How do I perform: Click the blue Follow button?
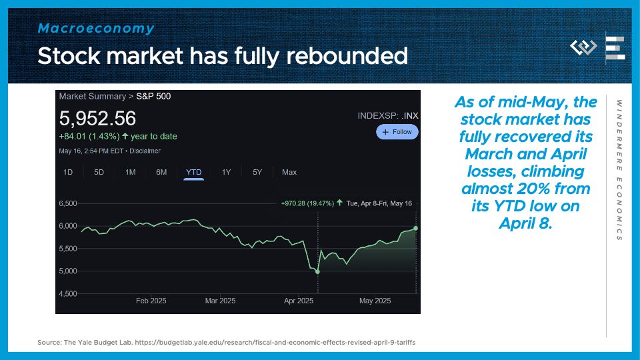397,132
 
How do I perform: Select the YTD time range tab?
194,172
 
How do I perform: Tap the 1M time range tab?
131,172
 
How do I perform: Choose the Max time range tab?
289,172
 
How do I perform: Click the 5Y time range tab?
257,172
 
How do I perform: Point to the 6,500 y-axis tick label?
68,203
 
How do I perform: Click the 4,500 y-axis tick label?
68,293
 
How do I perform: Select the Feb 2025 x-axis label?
151,301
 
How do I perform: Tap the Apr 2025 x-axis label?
299,301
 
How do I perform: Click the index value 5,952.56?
97,119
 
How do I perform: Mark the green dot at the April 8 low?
317,271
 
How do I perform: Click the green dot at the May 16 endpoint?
415,228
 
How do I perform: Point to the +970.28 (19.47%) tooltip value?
307,203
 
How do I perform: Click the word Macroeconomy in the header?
96,28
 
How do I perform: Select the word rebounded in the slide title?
347,56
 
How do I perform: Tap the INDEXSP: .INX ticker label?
388,115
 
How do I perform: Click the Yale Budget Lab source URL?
275,343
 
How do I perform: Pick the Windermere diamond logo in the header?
583,47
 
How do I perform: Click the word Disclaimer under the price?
145,151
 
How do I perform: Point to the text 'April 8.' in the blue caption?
525,223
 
